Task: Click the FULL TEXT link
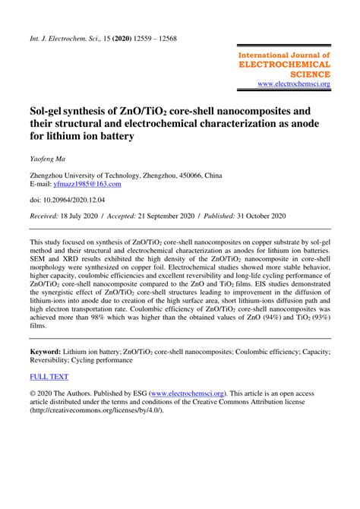coord(49,377)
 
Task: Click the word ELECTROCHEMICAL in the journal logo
coord(285,65)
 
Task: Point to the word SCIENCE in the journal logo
coord(309,74)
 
